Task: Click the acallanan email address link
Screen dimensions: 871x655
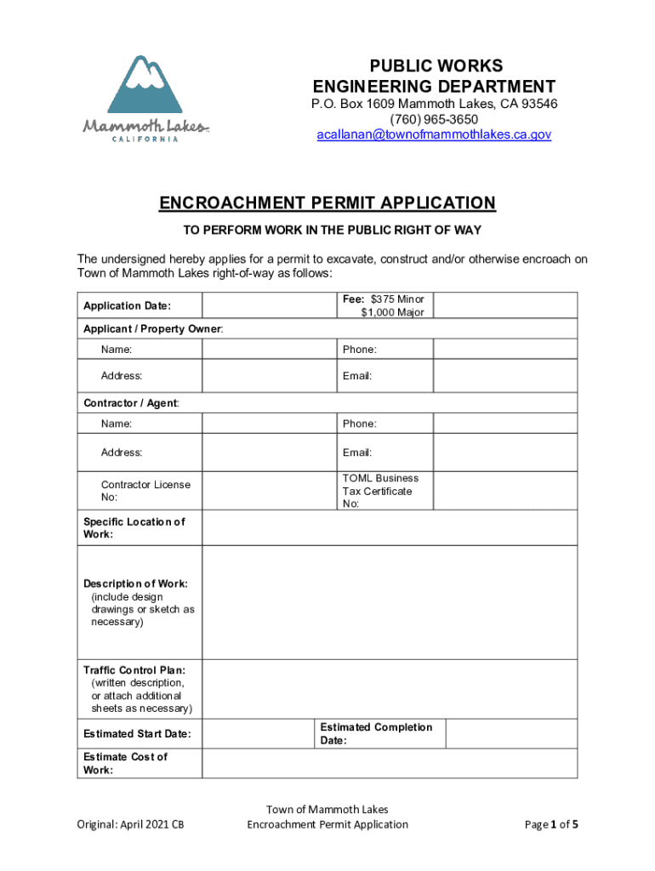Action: click(434, 134)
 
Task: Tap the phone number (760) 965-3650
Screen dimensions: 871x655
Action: click(434, 119)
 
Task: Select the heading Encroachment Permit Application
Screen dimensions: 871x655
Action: click(327, 202)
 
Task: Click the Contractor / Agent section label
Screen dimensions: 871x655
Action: click(131, 402)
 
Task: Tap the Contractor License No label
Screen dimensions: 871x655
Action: click(145, 491)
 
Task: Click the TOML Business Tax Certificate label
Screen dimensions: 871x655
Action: click(380, 491)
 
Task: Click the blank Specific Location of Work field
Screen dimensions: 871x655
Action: click(390, 528)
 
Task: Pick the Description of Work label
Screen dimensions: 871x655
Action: click(136, 584)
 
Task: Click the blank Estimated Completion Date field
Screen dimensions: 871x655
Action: click(510, 733)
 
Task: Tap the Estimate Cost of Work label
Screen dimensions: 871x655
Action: click(125, 763)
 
